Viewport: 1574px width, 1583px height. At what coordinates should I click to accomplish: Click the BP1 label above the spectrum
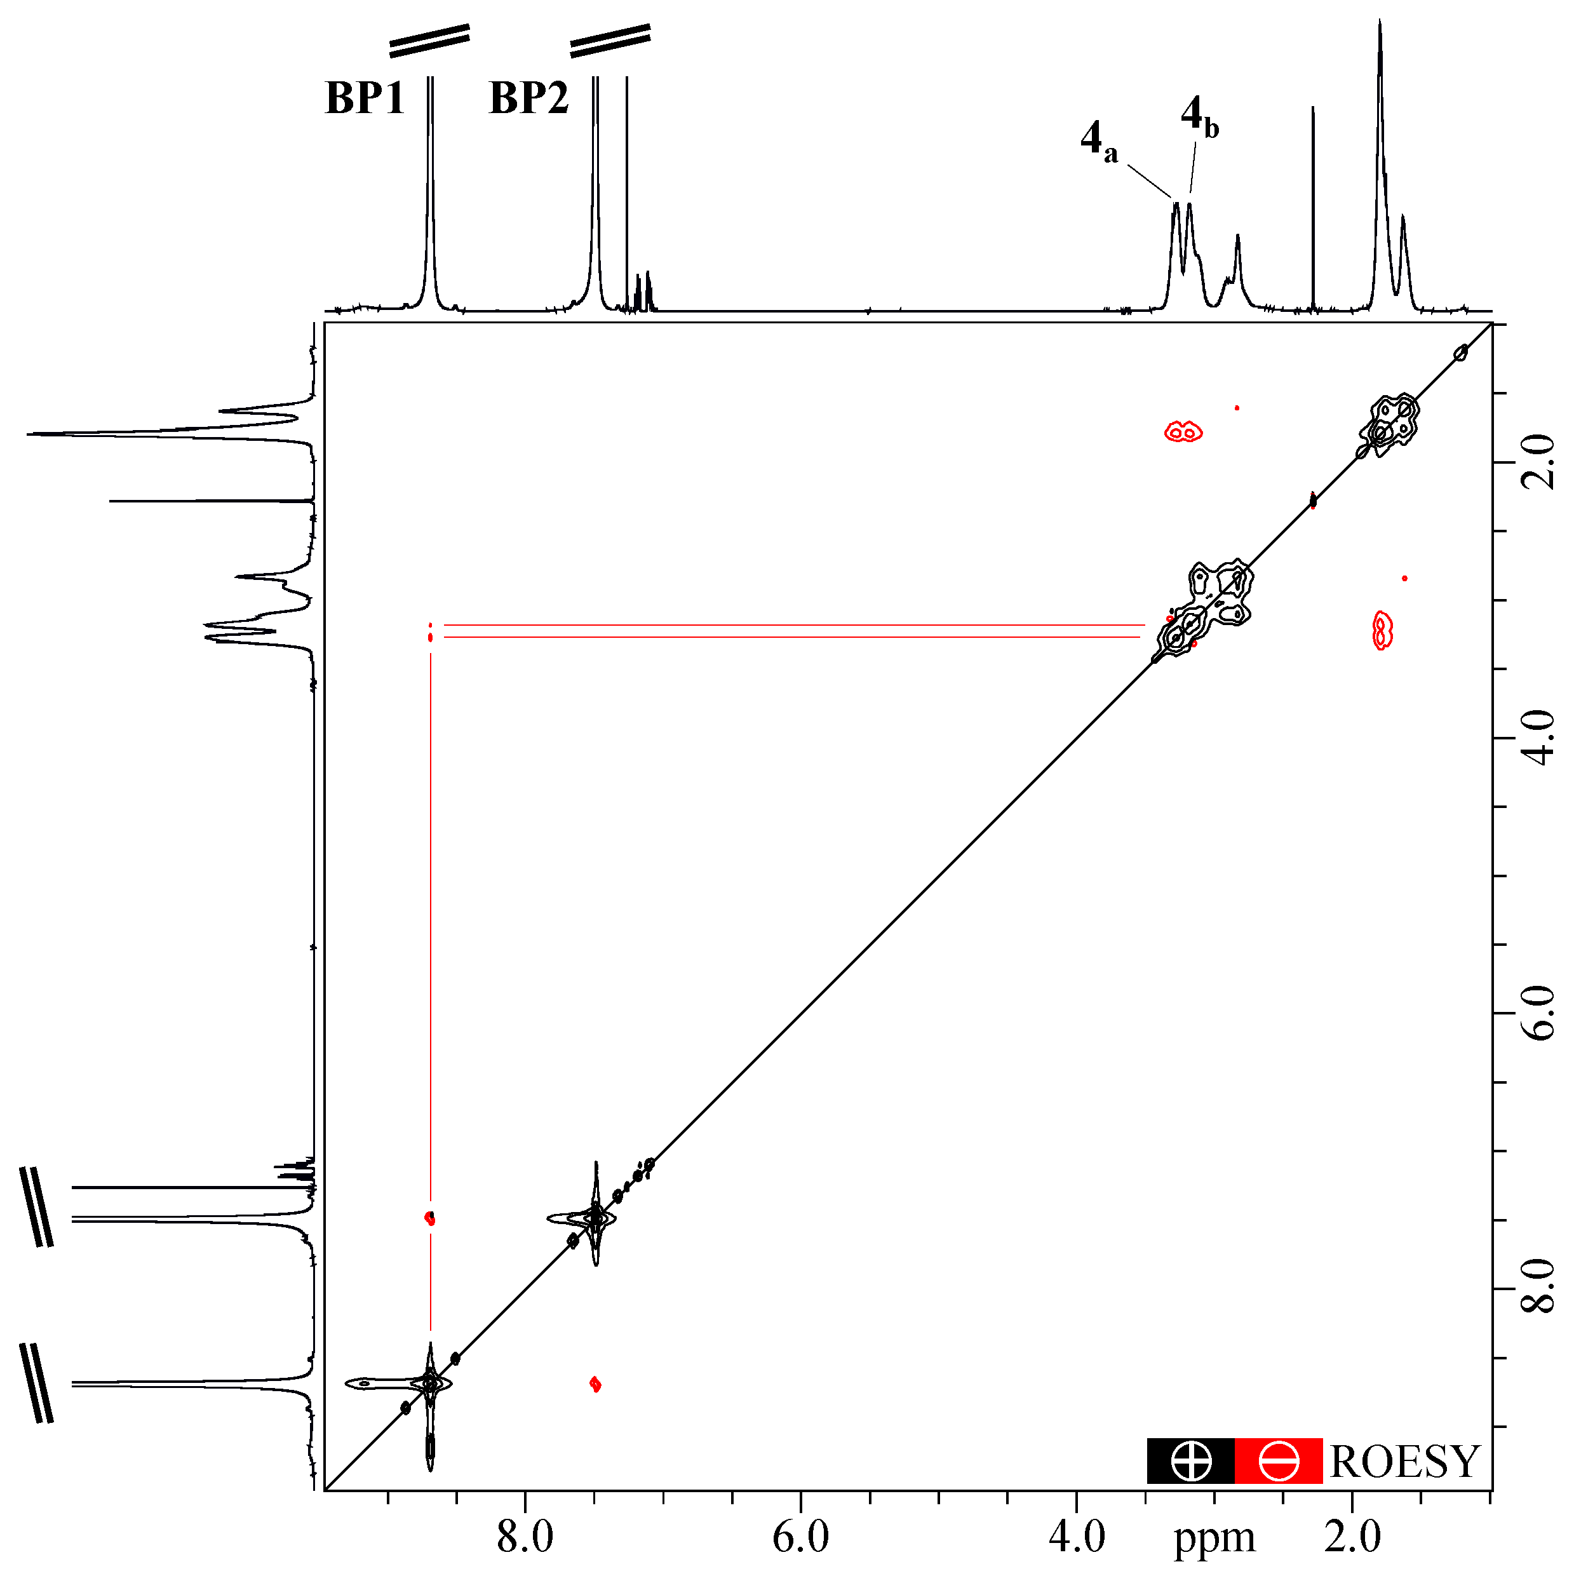365,98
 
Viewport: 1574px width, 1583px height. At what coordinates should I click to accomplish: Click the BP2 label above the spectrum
528,98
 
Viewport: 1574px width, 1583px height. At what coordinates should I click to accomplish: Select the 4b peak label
1199,116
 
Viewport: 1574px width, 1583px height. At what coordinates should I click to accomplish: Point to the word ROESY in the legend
1405,1462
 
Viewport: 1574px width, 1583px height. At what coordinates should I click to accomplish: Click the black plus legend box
1190,1462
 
